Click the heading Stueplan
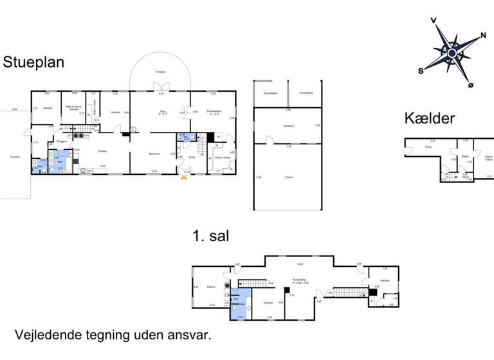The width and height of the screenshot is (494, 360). [37, 63]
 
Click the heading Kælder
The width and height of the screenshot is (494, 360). [430, 118]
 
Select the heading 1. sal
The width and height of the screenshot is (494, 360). [210, 237]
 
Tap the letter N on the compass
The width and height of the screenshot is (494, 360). [483, 35]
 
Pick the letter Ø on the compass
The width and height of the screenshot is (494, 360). [470, 85]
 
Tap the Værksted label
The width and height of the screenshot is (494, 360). [288, 126]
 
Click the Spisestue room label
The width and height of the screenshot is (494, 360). [154, 154]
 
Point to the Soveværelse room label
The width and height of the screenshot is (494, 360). [214, 111]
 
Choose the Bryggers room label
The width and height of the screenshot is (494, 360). [62, 141]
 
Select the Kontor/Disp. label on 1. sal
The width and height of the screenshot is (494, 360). [298, 279]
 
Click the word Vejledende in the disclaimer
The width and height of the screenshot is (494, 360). [50, 335]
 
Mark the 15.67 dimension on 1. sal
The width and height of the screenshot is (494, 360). [299, 264]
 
